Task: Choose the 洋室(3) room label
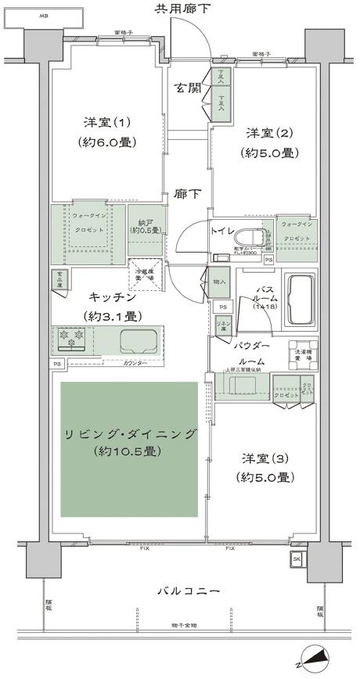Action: (267, 468)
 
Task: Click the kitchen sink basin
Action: (138, 342)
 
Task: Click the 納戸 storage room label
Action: (145, 225)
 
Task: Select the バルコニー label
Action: (181, 590)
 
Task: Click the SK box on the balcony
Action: (296, 559)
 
